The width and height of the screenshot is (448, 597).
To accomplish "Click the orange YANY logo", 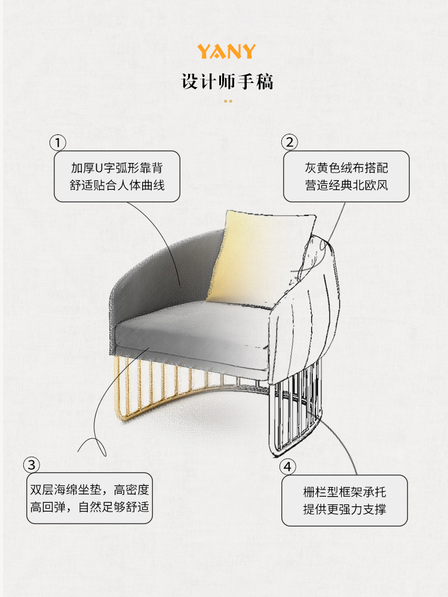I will pos(227,51).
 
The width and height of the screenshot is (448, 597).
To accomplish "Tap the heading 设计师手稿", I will pos(227,82).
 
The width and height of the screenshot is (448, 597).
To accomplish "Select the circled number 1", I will pos(57,143).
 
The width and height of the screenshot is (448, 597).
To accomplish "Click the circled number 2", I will pos(290,143).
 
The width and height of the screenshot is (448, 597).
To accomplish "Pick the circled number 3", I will pos(32,465).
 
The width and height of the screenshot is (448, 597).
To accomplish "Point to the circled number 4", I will pos(289,466).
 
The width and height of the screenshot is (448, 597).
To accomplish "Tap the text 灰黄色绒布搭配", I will pos(345,168).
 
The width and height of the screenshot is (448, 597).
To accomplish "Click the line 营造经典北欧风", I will pos(345,185).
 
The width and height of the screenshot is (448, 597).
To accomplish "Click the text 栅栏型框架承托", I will pos(345,493).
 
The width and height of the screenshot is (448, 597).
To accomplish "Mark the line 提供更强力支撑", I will pos(345,509).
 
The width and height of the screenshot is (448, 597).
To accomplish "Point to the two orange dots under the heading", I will pos(228,101).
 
